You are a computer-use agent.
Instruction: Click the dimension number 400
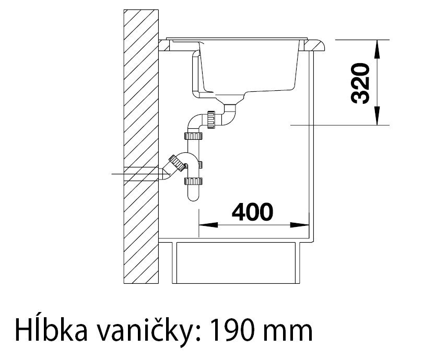[253, 211]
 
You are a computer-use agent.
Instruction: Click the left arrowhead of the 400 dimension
[205, 225]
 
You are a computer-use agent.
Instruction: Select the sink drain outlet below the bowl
[230, 102]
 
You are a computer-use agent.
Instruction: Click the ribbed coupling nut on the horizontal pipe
[211, 119]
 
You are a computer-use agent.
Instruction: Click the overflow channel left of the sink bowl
[196, 73]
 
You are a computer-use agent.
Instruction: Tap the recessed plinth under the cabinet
[238, 263]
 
